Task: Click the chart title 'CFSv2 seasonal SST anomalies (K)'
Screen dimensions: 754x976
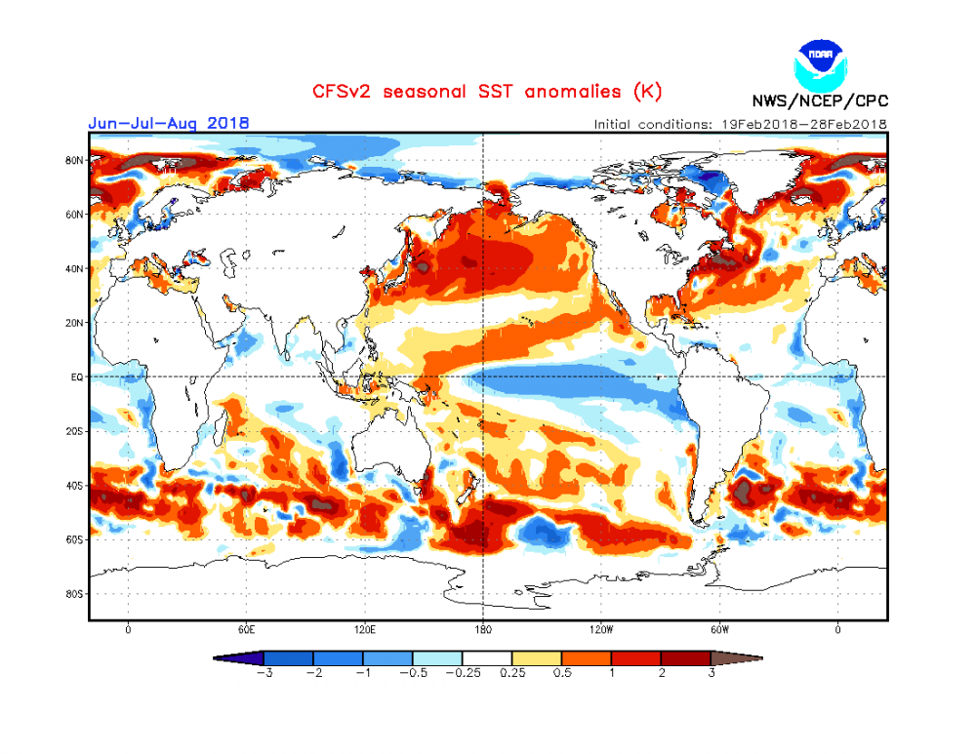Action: pos(487,92)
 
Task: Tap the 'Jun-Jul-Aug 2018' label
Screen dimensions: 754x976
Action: pos(168,123)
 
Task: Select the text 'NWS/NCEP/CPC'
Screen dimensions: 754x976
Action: pos(820,101)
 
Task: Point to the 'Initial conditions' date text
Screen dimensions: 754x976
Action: pos(740,124)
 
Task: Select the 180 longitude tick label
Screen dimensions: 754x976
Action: pos(483,630)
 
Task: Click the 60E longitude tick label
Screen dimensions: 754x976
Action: pos(246,630)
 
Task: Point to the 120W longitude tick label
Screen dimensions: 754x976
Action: pos(601,630)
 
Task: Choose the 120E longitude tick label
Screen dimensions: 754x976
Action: pos(365,630)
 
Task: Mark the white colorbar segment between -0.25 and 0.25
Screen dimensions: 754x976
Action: pos(487,658)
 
